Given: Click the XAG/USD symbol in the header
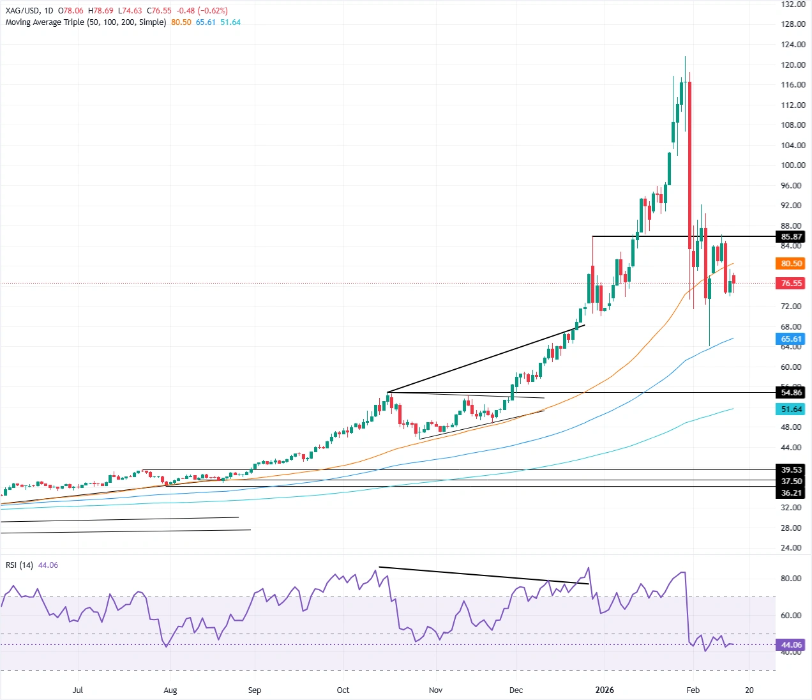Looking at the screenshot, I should click(x=22, y=11).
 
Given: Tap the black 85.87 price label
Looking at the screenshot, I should click(x=791, y=237).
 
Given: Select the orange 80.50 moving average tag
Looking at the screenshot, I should click(x=791, y=264).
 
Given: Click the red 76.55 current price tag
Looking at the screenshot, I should click(x=791, y=284).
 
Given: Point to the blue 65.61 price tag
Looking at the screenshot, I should click(x=791, y=340).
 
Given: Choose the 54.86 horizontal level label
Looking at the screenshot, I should click(x=791, y=393).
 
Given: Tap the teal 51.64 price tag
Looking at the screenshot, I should click(x=791, y=409).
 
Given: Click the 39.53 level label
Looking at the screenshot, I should click(x=791, y=470).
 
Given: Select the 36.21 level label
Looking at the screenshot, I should click(x=791, y=493).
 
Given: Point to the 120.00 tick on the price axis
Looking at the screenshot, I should click(x=793, y=65).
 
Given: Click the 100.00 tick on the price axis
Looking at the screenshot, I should click(x=793, y=165).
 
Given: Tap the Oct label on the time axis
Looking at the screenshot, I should click(x=343, y=690).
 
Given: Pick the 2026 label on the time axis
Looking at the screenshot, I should click(x=604, y=690).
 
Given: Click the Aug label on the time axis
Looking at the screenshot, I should click(x=170, y=690).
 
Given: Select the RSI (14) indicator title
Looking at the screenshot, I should click(x=19, y=565).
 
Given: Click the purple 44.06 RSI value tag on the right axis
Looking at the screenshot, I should click(x=791, y=645).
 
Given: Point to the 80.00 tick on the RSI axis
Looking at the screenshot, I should click(x=791, y=579).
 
